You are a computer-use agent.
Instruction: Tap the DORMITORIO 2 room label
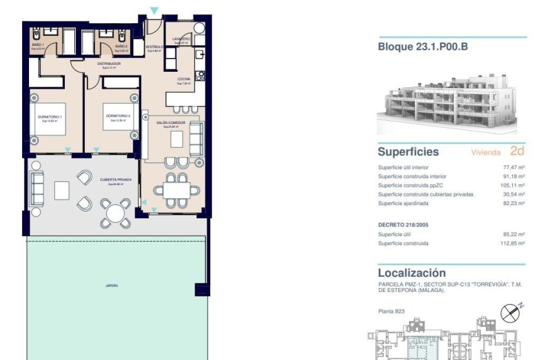(x=118, y=116)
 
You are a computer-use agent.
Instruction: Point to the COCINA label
(x=184, y=79)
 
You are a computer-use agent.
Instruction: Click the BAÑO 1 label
(x=38, y=46)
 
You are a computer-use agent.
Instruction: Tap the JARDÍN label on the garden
(x=111, y=285)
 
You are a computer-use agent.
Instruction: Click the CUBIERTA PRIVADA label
(x=115, y=180)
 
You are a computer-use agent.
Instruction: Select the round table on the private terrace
(x=115, y=213)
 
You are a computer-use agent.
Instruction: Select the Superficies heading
(x=408, y=152)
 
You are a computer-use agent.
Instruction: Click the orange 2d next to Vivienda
(x=517, y=151)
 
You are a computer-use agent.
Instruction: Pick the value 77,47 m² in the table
(x=514, y=168)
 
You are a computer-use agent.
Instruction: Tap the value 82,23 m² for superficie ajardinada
(x=514, y=203)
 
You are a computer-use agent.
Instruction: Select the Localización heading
(x=412, y=273)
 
